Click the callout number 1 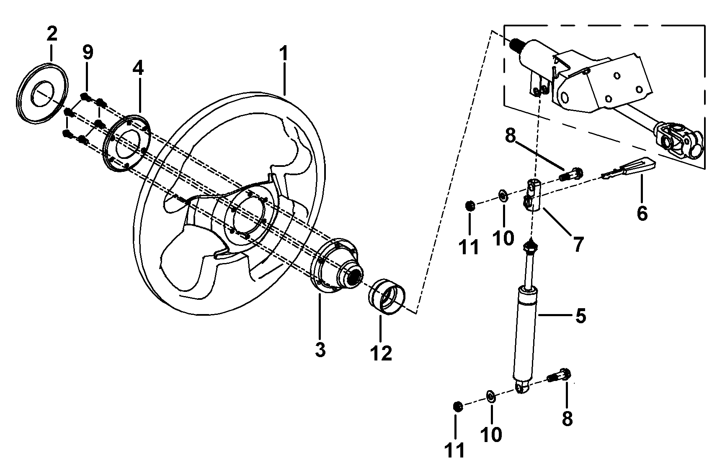coord(284,54)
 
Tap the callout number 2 coord(52,33)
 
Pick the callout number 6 coord(642,213)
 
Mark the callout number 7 coord(578,245)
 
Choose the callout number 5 coord(580,316)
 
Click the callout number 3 coord(320,350)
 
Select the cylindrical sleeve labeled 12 coord(387,296)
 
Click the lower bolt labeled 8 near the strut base coord(559,375)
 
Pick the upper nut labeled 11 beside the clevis coord(470,206)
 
